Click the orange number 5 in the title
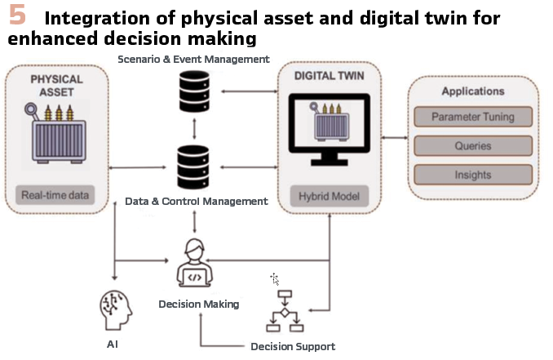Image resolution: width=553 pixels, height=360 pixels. coord(16,16)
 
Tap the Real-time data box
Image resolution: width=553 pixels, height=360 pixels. coord(55,195)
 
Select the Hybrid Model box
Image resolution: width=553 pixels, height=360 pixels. coord(330,196)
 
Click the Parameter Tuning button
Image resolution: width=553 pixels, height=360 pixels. coord(473,117)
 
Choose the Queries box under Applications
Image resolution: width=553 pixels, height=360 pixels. coord(473,146)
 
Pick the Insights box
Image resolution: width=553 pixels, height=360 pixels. coord(473,175)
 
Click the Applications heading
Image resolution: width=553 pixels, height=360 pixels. coord(473,91)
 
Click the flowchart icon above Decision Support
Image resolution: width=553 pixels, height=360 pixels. coord(285,311)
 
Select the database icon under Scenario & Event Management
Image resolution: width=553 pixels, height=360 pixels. coord(193,92)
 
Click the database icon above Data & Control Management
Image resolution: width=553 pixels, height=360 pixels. coord(193,164)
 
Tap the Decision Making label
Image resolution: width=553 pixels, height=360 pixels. coord(199,304)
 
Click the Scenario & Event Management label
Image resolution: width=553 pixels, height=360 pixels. coord(193,59)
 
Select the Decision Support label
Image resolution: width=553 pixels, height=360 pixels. coord(293,346)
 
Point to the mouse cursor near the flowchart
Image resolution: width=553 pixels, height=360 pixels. coord(275,279)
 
